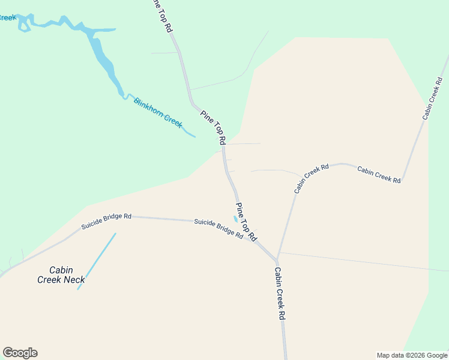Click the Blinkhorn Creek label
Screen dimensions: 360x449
pos(157,112)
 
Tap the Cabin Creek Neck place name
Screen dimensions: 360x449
pos(61,275)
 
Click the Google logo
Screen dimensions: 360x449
pos(20,353)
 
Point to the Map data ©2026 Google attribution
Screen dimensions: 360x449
pos(412,355)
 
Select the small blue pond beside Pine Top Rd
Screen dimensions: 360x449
pos(235,218)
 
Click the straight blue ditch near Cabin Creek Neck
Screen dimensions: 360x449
pos(97,261)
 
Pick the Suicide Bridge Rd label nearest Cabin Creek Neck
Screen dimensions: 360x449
pos(106,221)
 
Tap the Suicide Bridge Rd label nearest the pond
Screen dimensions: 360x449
pos(218,229)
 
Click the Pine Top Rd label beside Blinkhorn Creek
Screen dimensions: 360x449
pos(213,127)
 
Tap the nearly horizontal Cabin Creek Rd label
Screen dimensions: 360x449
pos(379,175)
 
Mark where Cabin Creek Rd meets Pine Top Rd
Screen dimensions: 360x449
pos(277,260)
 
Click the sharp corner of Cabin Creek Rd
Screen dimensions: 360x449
pos(402,179)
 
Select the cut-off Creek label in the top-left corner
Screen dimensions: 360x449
pos(8,17)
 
